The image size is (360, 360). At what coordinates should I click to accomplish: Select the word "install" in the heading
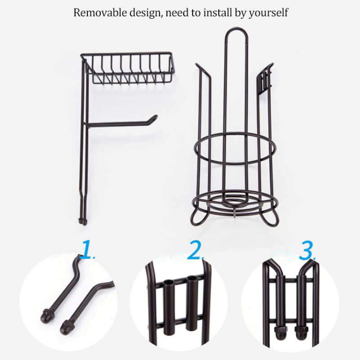click(218, 13)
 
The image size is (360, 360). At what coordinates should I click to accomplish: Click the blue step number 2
click(196, 250)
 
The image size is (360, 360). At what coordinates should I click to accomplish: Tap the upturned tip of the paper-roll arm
click(154, 117)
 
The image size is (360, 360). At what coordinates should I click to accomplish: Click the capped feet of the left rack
click(83, 221)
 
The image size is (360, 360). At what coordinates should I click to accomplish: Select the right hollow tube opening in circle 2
click(192, 279)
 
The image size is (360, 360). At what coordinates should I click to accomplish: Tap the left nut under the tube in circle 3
click(281, 332)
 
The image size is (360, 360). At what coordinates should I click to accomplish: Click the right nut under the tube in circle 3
click(300, 332)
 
